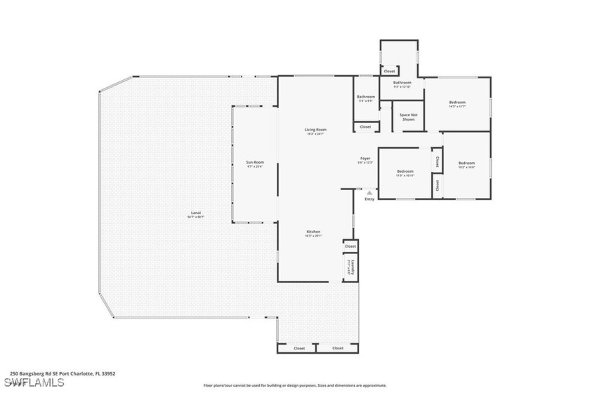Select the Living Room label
[315, 131]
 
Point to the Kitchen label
[313, 233]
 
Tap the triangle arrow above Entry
[369, 192]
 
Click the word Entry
[369, 199]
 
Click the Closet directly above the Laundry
[350, 246]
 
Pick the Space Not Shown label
[408, 117]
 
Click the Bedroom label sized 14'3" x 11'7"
[457, 104]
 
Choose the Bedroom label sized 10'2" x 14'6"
[466, 164]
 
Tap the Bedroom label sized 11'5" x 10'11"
[405, 173]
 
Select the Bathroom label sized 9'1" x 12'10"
[402, 84]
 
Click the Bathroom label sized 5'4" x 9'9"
[366, 98]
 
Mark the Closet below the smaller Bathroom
[365, 127]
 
